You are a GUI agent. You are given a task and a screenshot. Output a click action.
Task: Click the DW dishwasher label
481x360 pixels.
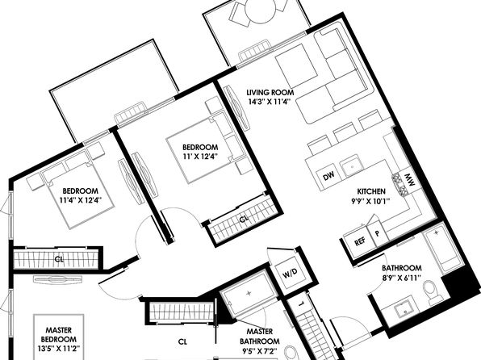click(328, 176)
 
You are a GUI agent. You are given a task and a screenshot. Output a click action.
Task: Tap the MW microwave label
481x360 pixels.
click(409, 181)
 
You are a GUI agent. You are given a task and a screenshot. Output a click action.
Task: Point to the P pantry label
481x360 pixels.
click(378, 233)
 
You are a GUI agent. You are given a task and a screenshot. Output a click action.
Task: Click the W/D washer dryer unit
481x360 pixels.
click(290, 273)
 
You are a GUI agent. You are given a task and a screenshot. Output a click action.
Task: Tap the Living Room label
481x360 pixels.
click(270, 92)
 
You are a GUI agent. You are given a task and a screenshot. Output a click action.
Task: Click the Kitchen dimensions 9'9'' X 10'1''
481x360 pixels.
click(370, 201)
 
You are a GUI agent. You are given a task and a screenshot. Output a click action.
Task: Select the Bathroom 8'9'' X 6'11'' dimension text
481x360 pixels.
click(401, 278)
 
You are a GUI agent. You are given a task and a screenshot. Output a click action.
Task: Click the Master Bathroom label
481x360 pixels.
click(260, 337)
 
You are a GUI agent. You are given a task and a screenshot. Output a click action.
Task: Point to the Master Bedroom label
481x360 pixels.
click(59, 334)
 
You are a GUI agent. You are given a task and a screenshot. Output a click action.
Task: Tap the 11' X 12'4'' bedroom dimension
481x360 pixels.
click(200, 157)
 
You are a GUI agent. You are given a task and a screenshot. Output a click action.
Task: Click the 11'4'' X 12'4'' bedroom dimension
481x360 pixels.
click(81, 200)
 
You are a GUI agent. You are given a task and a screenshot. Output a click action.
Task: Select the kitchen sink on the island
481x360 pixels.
click(353, 165)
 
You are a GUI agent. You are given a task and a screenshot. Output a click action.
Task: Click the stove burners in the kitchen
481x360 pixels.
click(399, 184)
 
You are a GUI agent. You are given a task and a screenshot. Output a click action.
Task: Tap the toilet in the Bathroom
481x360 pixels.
click(432, 291)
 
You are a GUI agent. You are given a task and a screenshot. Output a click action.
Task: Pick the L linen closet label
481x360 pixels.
click(301, 303)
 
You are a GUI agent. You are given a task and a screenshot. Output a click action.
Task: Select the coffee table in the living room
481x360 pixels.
click(296, 65)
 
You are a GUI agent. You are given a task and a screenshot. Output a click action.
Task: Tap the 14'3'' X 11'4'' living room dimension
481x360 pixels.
click(270, 102)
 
